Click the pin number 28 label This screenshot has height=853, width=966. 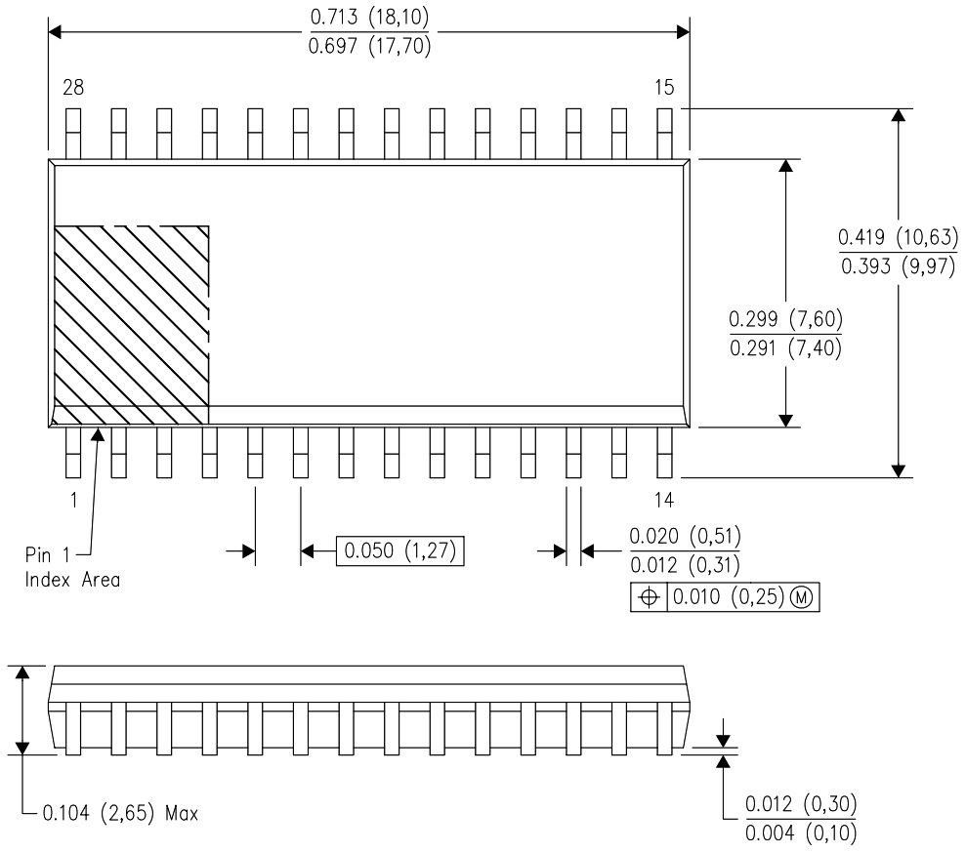coord(73,88)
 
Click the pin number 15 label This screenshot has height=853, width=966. coord(663,88)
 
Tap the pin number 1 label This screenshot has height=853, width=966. coord(73,501)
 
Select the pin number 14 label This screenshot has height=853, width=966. coord(663,501)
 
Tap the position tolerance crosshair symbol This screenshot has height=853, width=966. coord(649,596)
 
